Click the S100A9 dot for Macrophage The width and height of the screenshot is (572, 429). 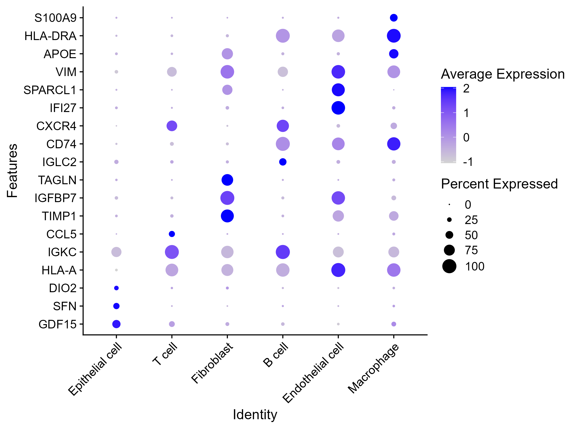tap(393, 18)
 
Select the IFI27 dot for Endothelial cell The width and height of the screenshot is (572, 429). tap(338, 108)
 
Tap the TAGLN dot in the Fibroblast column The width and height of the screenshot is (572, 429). tap(227, 180)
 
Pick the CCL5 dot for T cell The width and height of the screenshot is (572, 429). tap(172, 234)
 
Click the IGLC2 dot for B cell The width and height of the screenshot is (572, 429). tap(283, 162)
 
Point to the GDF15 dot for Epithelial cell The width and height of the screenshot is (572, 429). tap(116, 324)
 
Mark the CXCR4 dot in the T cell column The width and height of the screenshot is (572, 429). tap(172, 126)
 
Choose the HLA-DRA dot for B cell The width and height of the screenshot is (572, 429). tap(283, 36)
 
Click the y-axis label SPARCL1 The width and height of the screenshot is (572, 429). tap(50, 90)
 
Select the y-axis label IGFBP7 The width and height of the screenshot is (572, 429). tap(55, 198)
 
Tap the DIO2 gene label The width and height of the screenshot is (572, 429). tap(63, 288)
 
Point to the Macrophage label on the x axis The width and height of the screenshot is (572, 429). tap(374, 368)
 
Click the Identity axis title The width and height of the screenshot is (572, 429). tap(255, 414)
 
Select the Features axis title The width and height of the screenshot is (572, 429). tap(12, 171)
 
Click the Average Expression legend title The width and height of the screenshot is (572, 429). tap(502, 74)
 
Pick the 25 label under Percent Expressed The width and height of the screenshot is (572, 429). tap(471, 220)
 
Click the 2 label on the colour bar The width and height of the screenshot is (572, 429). tap(466, 89)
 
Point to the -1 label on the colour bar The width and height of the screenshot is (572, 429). tap(468, 162)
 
